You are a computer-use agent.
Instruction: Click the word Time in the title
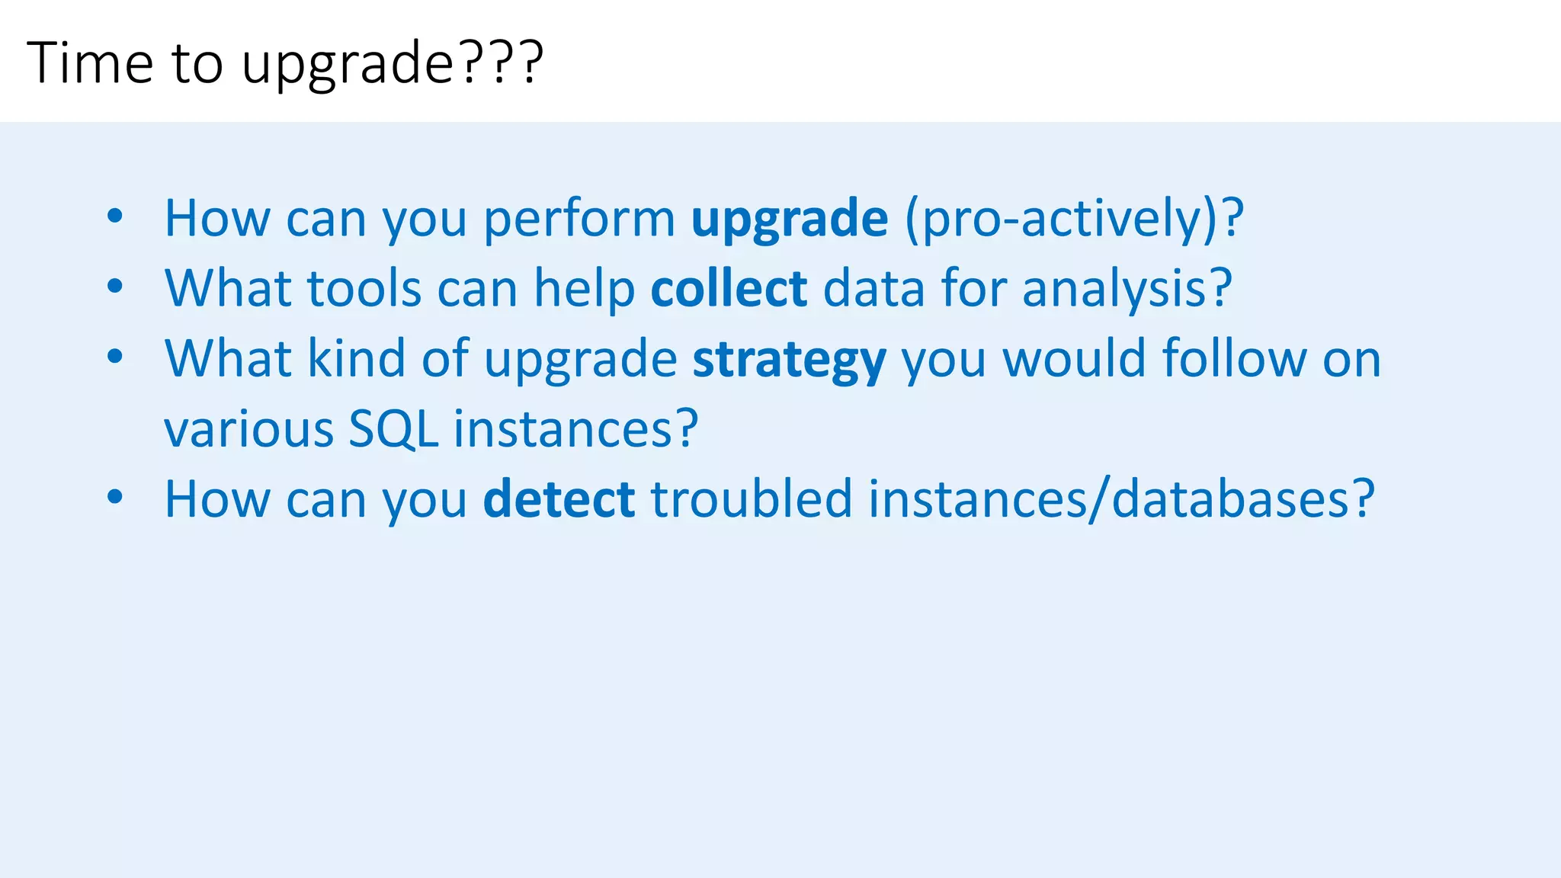[90, 62]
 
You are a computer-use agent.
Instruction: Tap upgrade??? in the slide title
[392, 64]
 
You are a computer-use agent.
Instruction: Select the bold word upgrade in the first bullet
[789, 219]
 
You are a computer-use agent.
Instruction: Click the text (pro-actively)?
[1074, 219]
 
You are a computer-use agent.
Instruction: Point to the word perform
[579, 219]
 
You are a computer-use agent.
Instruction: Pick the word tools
[364, 289]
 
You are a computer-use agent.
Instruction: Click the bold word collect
[729, 289]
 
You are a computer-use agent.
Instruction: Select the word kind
[355, 358]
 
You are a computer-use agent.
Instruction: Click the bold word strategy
[789, 360]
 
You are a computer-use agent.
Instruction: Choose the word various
[248, 429]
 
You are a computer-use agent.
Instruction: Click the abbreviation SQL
[393, 429]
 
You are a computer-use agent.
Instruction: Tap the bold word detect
[559, 499]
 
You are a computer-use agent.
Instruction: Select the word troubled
[751, 499]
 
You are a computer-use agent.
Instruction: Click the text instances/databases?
[1121, 499]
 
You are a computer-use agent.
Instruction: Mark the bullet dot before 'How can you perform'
[115, 216]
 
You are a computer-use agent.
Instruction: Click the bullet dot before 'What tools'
[115, 287]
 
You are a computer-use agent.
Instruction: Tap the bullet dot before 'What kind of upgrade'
[115, 356]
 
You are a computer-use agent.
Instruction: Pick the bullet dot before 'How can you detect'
[115, 497]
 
